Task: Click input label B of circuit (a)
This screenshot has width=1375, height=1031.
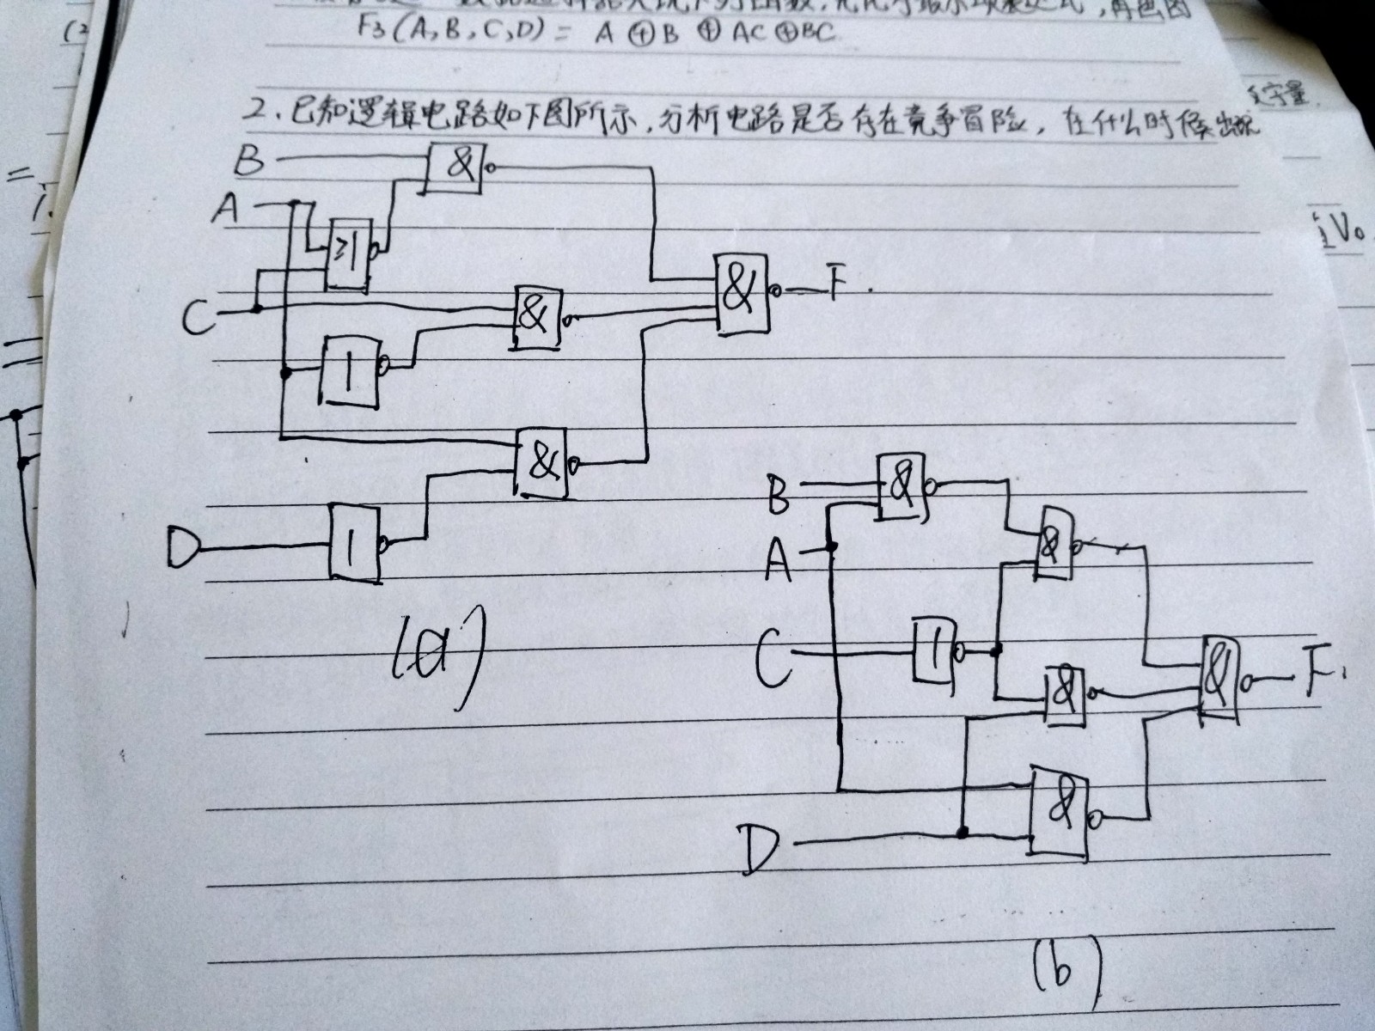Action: pos(248,161)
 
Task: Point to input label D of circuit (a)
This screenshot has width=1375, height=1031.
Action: pos(182,547)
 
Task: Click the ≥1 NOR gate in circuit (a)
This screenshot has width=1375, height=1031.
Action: pos(348,254)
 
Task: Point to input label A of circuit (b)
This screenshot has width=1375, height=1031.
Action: pos(778,558)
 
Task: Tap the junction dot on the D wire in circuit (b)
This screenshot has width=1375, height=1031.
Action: pos(963,832)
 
